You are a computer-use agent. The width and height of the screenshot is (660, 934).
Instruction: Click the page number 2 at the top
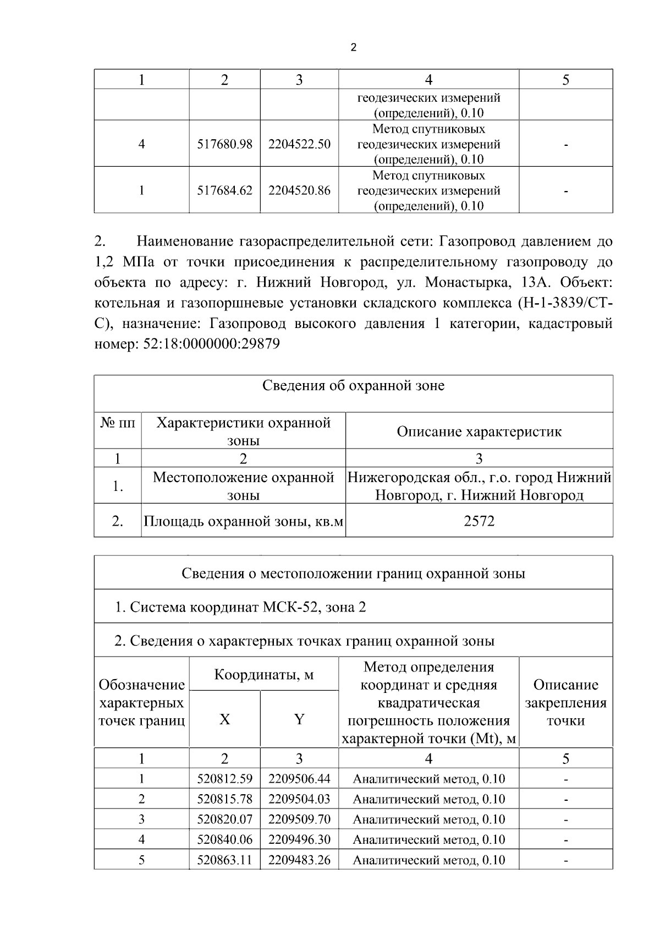tap(353, 48)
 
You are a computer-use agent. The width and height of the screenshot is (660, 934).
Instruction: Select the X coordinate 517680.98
tap(224, 144)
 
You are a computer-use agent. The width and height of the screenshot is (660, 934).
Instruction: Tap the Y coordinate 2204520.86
tap(299, 190)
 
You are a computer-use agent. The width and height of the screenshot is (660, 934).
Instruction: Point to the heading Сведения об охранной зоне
tap(353, 386)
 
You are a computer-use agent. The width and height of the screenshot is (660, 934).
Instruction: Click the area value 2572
tap(479, 521)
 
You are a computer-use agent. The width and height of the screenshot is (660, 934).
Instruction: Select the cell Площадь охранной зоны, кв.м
tap(243, 521)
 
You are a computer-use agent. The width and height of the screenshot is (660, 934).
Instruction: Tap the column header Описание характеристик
tap(479, 432)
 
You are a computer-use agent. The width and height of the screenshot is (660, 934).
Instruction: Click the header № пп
tap(118, 423)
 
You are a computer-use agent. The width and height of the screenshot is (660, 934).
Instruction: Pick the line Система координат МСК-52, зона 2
tap(240, 607)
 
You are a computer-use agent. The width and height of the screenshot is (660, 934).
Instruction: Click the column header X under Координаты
tap(224, 719)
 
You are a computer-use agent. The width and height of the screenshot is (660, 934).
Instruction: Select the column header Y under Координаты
tap(299, 719)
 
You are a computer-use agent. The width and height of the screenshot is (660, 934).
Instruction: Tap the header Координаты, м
tap(263, 674)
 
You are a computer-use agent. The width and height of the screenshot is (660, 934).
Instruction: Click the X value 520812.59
tap(224, 779)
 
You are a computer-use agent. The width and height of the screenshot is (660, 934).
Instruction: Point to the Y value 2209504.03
tap(299, 799)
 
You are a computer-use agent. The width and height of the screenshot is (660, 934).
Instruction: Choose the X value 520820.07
tap(224, 820)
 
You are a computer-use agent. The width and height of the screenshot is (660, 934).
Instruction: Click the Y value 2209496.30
tap(299, 840)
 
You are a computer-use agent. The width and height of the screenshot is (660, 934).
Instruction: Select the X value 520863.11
tap(224, 860)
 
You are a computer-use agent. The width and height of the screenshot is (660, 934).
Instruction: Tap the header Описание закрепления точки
tap(565, 703)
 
